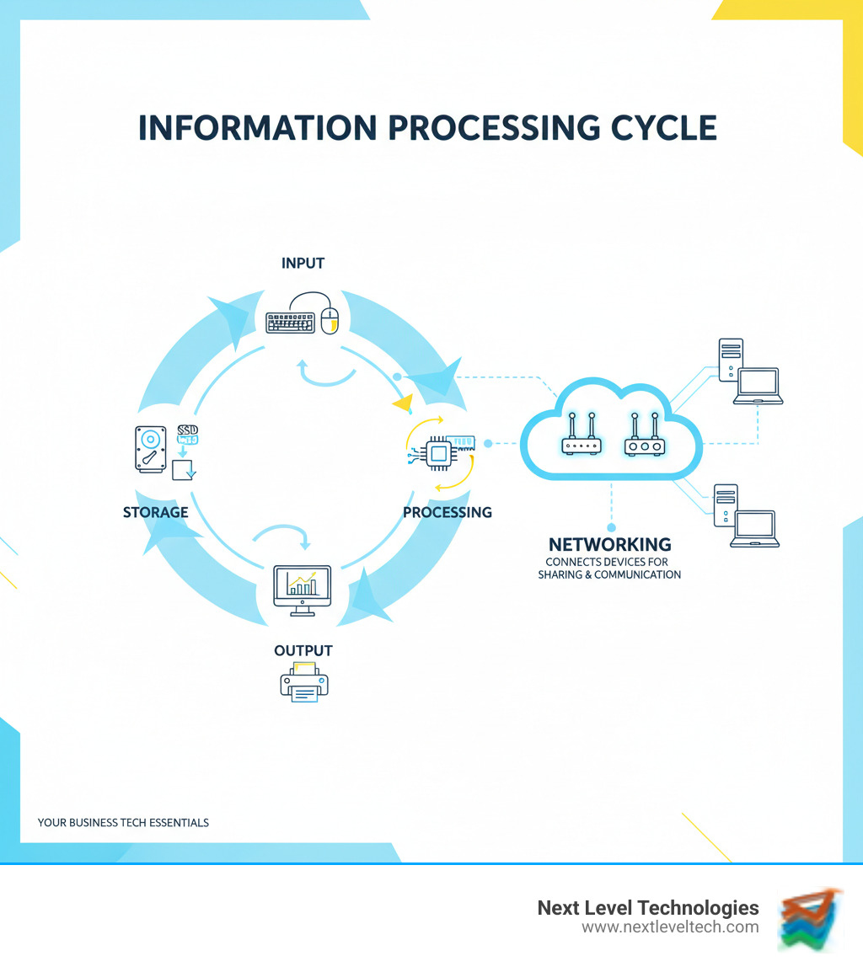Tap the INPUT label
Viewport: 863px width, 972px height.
(x=303, y=264)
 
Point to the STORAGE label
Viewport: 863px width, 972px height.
(x=155, y=511)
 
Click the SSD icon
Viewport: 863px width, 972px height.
(x=187, y=435)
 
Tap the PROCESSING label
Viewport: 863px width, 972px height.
(x=447, y=511)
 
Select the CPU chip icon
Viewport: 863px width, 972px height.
(x=437, y=453)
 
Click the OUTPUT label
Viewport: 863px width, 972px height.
(x=303, y=650)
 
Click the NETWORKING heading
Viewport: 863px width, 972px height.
(x=609, y=544)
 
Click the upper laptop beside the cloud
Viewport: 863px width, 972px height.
(x=758, y=386)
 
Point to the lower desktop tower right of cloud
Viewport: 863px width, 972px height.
(x=726, y=505)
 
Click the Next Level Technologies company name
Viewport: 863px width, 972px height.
(x=648, y=908)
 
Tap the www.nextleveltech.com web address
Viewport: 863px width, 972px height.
(x=670, y=927)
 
